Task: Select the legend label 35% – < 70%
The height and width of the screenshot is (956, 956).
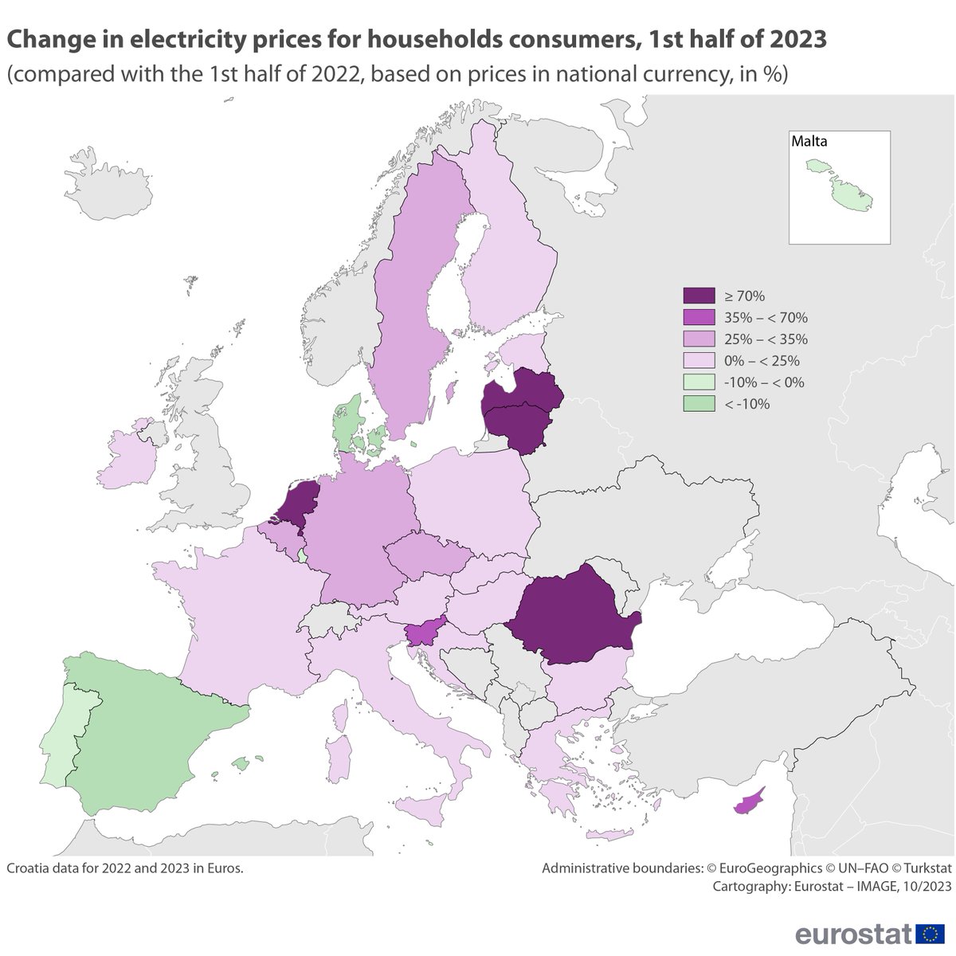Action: coord(766,318)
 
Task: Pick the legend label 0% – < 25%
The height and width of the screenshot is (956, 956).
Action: coord(762,361)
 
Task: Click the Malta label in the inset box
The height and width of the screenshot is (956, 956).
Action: coord(809,142)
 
